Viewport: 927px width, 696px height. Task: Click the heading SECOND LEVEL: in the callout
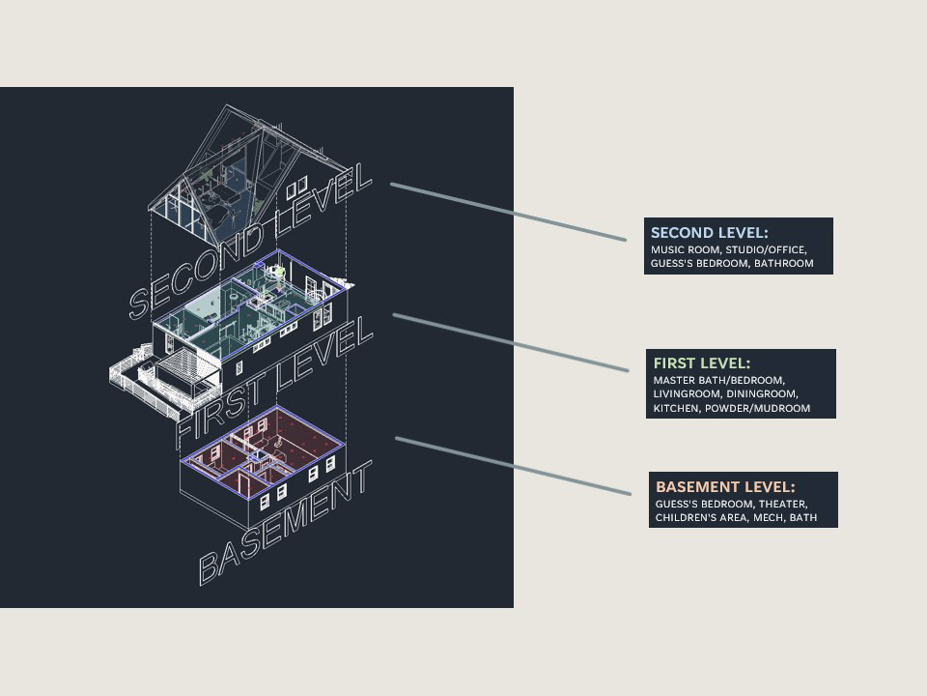(x=709, y=233)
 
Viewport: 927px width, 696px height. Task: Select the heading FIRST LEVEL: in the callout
(x=701, y=363)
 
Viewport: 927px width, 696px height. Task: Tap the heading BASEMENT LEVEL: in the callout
(x=725, y=487)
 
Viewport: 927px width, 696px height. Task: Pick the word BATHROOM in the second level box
(x=783, y=263)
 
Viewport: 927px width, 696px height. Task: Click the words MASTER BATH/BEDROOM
(x=719, y=380)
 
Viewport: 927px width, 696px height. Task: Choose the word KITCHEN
(x=675, y=409)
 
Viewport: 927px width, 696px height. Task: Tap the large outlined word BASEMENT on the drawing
(x=285, y=522)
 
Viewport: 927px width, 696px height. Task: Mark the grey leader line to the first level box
(x=511, y=342)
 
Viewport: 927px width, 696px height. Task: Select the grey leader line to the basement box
(x=513, y=466)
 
